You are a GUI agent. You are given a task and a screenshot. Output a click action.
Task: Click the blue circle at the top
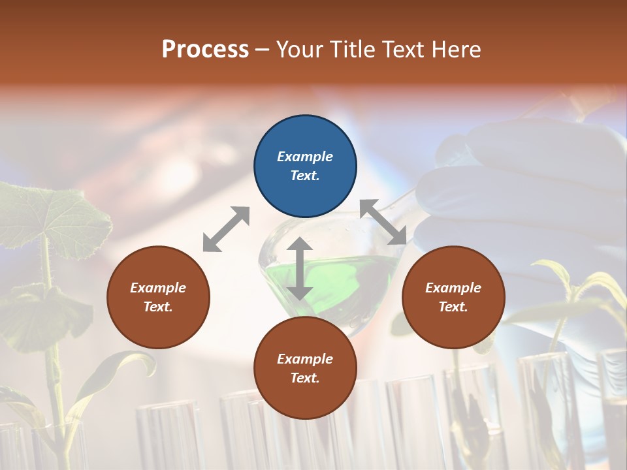[x=305, y=166]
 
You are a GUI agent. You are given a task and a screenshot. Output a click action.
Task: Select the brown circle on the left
[x=158, y=297]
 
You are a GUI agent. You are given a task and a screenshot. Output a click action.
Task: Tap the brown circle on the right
[x=453, y=297]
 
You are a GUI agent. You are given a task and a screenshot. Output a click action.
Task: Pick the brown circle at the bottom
[x=305, y=368]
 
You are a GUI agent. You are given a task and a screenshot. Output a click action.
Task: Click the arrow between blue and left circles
[x=226, y=229]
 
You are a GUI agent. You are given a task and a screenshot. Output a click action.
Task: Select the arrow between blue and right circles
[x=383, y=222]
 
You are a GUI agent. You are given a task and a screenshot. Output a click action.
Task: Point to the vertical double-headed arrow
[x=299, y=268]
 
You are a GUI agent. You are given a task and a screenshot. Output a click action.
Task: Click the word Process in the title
[x=205, y=50]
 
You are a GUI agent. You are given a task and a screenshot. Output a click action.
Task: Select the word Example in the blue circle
[x=305, y=157]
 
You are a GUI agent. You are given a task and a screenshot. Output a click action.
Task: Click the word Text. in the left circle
[x=158, y=307]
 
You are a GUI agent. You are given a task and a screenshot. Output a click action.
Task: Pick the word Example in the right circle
[x=453, y=288]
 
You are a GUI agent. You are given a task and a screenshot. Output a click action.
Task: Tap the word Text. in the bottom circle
[x=305, y=378]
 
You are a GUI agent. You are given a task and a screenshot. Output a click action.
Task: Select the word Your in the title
[x=300, y=50]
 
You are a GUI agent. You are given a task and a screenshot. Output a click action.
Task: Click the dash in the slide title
[x=263, y=50]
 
